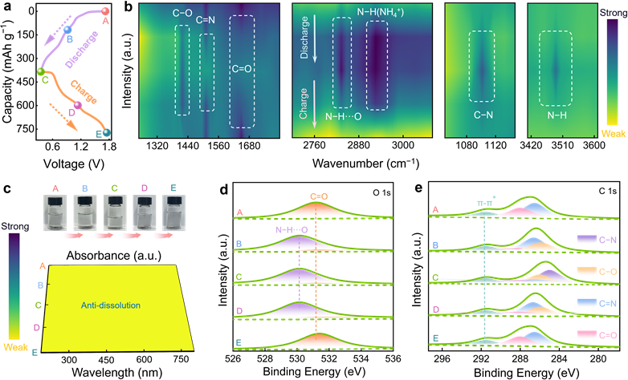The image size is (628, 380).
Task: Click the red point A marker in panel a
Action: pos(105,11)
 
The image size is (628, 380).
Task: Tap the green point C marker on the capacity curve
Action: pos(40,72)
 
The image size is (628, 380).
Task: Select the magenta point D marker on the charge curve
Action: pos(77,105)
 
